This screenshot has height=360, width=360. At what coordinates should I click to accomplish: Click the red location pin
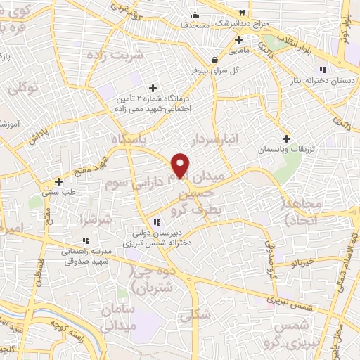click(x=181, y=165)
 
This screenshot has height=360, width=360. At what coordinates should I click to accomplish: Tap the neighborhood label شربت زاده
click(x=110, y=54)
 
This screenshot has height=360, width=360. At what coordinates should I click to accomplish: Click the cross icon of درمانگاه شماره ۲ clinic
click(x=153, y=89)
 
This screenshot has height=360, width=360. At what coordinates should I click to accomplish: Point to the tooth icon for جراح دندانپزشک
click(x=243, y=13)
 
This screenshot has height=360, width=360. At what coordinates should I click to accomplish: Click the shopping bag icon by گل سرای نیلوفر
click(x=214, y=60)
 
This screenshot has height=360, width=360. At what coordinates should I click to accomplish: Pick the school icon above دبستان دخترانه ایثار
click(x=322, y=70)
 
